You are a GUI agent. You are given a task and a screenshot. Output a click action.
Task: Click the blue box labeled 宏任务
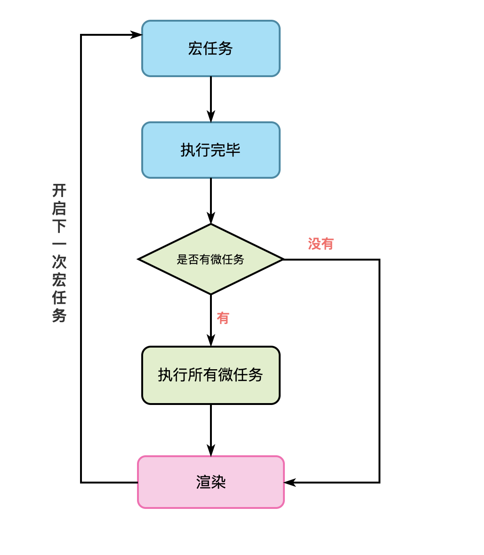210,48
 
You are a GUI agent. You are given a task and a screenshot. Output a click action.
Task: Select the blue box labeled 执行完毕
210,150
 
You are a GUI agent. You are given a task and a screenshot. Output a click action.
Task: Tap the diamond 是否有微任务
210,259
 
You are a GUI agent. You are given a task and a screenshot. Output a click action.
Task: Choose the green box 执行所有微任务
210,375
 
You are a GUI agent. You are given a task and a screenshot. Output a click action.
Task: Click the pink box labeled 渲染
210,482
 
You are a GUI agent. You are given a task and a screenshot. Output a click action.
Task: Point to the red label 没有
321,244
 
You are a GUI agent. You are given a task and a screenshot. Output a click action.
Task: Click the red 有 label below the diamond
223,318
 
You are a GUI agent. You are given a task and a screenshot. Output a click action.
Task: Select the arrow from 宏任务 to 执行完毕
210,99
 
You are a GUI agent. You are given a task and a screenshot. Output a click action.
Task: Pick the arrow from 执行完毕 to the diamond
210,200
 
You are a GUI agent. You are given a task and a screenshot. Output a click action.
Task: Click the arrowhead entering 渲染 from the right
289,482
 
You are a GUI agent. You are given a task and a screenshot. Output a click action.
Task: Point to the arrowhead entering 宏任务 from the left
136,35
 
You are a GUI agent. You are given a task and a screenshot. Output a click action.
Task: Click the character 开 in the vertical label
59,190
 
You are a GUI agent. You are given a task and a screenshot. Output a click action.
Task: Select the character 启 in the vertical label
59,208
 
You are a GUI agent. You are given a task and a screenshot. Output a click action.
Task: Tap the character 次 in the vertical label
59,262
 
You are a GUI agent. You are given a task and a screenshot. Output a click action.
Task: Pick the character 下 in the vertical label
59,226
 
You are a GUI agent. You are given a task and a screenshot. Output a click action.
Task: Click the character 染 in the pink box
218,482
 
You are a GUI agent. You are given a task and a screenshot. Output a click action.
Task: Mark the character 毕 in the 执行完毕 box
233,150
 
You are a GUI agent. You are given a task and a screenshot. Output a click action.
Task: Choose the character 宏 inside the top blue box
195,48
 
